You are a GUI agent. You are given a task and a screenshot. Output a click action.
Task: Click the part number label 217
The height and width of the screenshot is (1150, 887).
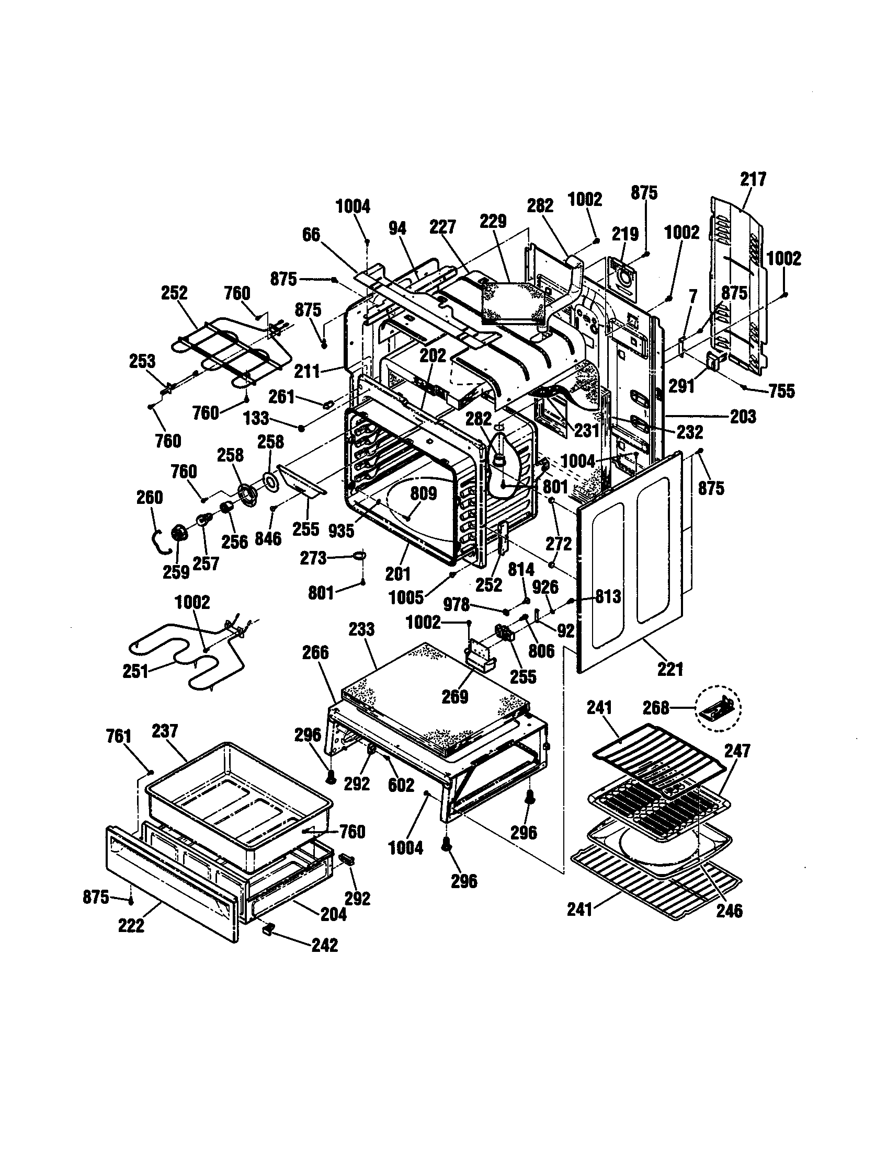coord(753,179)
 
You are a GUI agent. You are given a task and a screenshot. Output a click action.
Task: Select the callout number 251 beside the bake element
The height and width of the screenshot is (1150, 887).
coord(135,672)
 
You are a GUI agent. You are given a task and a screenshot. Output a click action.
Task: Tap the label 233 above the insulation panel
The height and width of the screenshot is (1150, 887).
coord(361,629)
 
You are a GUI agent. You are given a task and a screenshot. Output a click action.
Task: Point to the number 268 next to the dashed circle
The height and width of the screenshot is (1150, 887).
coord(656,708)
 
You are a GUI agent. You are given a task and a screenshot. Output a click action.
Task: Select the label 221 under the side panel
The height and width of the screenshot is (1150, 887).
coord(670,669)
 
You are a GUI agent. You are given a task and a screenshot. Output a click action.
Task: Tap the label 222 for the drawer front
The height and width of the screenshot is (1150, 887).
coord(131,925)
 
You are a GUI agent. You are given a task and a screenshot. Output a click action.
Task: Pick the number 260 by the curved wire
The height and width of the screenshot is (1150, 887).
coord(150,497)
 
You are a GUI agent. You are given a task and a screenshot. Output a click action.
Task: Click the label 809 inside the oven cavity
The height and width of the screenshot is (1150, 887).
coord(424,493)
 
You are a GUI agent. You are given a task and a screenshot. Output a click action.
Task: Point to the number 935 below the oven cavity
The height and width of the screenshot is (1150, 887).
coord(341,531)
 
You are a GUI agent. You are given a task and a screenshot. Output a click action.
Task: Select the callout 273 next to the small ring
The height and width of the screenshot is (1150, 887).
coord(313,558)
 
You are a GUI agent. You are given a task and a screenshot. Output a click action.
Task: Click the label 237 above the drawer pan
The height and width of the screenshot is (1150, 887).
coord(165,731)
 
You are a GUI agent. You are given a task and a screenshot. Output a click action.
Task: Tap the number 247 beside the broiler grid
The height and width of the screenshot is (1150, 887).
coord(737,751)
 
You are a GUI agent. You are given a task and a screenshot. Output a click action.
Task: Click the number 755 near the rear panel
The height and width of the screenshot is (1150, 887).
coord(782,391)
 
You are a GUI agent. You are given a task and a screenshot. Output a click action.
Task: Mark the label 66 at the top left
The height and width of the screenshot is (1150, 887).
coord(311,235)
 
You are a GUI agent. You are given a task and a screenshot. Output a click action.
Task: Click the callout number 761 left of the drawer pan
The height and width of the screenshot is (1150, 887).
coord(119,736)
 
